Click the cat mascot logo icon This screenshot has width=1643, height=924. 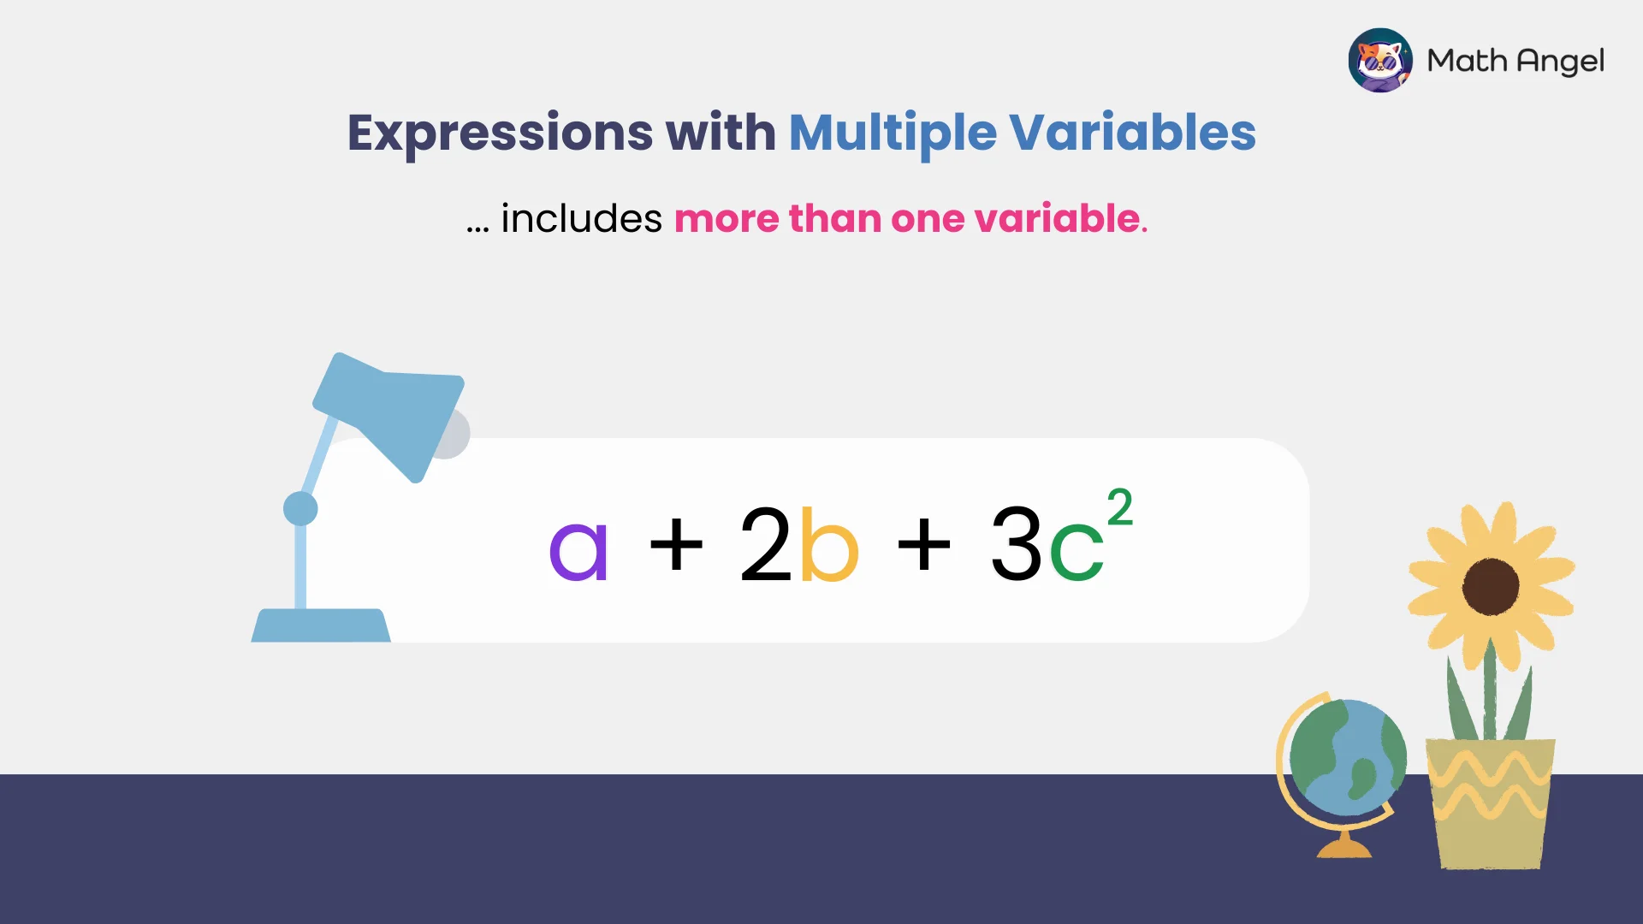pyautogui.click(x=1379, y=61)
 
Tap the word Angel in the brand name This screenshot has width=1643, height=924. pyautogui.click(x=1560, y=62)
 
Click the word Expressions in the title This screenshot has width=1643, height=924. pyautogui.click(x=500, y=133)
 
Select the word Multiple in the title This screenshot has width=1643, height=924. pyautogui.click(x=893, y=133)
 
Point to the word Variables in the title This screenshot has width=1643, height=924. pyautogui.click(x=1132, y=133)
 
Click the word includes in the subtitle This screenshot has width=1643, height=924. pyautogui.click(x=581, y=219)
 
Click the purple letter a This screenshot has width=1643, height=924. pyautogui.click(x=578, y=551)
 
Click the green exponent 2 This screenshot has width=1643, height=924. pyautogui.click(x=1119, y=507)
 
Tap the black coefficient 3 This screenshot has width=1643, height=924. pyautogui.click(x=1016, y=544)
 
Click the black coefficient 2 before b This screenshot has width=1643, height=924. pyautogui.click(x=765, y=544)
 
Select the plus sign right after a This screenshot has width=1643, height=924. pyautogui.click(x=676, y=544)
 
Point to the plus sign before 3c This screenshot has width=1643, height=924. pyautogui.click(x=924, y=544)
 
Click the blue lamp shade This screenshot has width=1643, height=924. pyautogui.click(x=390, y=412)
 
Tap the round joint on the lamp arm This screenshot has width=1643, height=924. pyautogui.click(x=300, y=508)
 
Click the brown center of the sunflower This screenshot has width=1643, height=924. pyautogui.click(x=1490, y=587)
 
